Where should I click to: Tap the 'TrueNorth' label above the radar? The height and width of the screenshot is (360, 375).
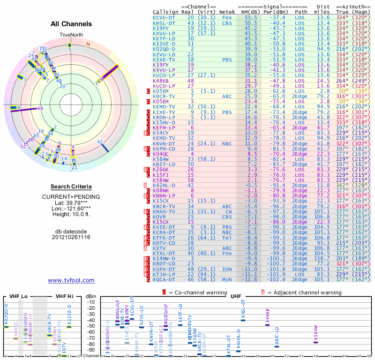point(70,35)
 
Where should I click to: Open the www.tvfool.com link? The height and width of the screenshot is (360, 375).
point(71,280)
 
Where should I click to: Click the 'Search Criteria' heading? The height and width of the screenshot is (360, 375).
point(71,187)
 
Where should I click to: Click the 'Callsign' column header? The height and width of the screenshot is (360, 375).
point(165,11)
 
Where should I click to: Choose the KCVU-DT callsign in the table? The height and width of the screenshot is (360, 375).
point(164,17)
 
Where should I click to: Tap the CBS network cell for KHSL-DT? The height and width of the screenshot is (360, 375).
point(227,22)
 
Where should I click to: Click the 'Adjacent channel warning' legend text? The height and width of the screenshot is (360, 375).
point(301,292)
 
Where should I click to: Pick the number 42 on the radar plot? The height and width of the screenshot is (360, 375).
point(100,142)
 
